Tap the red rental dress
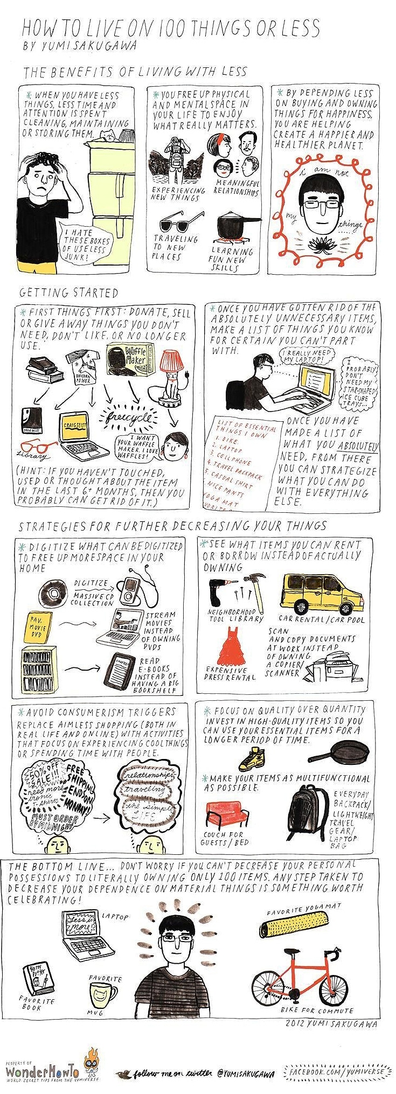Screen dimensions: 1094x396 pyautogui.click(x=231, y=650)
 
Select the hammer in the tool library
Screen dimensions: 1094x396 pyautogui.click(x=254, y=591)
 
